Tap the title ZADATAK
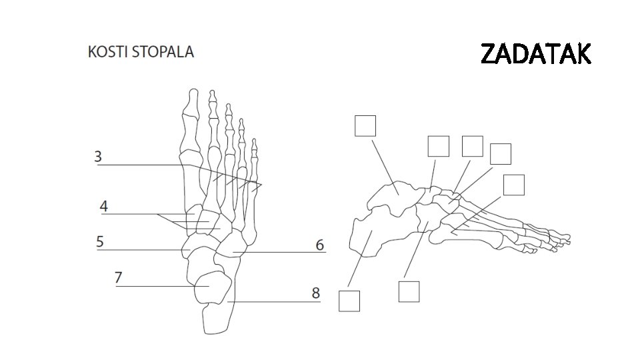point(535,54)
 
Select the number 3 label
point(98,157)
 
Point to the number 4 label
point(103,206)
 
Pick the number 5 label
point(99,241)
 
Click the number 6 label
point(320,245)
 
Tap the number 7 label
point(118,277)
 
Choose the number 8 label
point(315,293)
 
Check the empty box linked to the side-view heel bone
point(349,301)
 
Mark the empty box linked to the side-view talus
point(365,126)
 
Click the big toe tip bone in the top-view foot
point(193,99)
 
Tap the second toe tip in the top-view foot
point(213,96)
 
